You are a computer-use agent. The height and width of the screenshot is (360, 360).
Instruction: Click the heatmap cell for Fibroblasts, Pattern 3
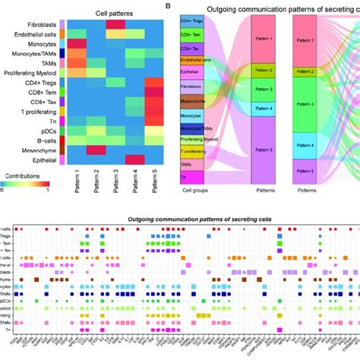(x=115, y=25)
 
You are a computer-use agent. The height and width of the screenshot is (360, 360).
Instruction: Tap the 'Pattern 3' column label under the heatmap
(x=115, y=186)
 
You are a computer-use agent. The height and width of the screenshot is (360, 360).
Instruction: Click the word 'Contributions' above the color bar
(x=23, y=175)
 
